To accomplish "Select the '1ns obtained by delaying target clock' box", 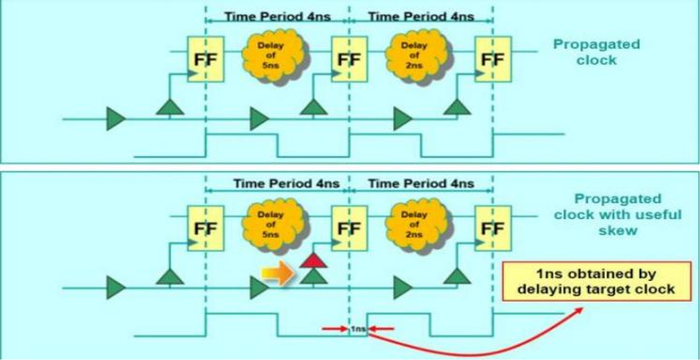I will pyautogui.click(x=596, y=281).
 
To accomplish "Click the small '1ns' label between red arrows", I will pyautogui.click(x=358, y=329).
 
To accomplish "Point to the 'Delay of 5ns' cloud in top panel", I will pyautogui.click(x=272, y=55).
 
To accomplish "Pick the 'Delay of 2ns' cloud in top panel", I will pyautogui.click(x=415, y=55).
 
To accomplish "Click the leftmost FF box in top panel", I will pyautogui.click(x=206, y=60).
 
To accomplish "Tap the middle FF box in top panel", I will pyautogui.click(x=349, y=60).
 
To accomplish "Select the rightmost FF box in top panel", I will pyautogui.click(x=492, y=60).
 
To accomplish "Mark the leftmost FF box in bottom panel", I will pyautogui.click(x=206, y=228).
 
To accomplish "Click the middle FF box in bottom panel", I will pyautogui.click(x=349, y=228).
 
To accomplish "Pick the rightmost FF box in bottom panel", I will pyautogui.click(x=492, y=228).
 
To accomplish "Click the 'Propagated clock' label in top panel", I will pyautogui.click(x=596, y=52).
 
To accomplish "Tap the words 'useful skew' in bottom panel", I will pyautogui.click(x=618, y=223).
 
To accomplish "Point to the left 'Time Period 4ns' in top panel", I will pyautogui.click(x=277, y=17).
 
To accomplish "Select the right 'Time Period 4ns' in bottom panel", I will pyautogui.click(x=421, y=183).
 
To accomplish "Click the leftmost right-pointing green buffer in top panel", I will pyautogui.click(x=115, y=119).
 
